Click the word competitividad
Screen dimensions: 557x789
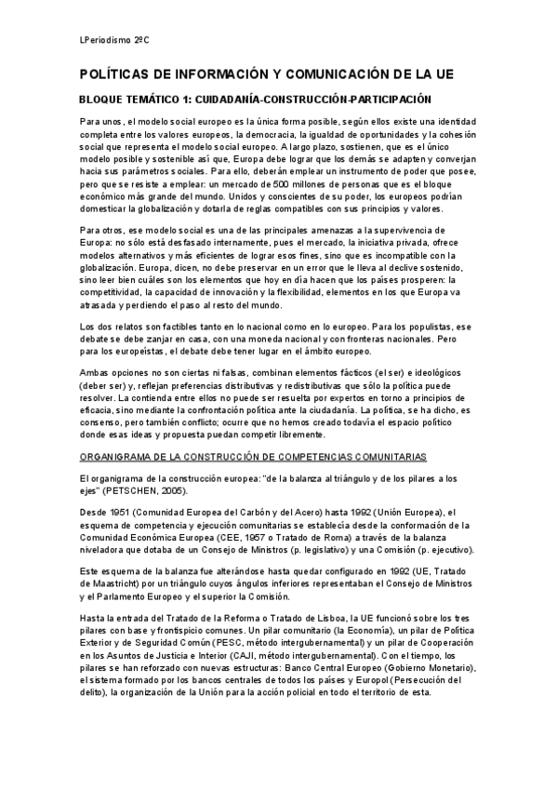tap(116, 291)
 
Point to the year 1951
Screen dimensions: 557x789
tap(123, 512)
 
